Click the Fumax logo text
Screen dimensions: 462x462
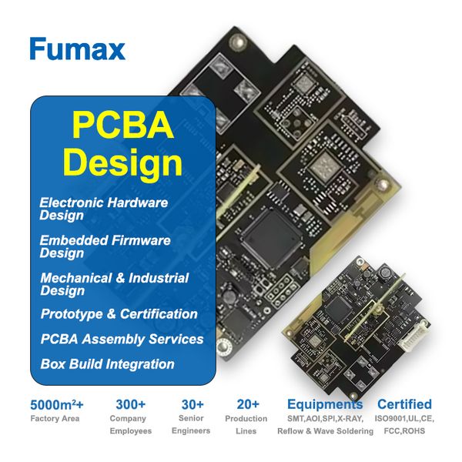(x=78, y=49)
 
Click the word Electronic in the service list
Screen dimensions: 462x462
(x=71, y=203)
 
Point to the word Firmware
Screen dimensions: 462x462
(x=142, y=240)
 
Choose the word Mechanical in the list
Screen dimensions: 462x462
(x=76, y=278)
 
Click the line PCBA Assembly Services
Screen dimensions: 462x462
(x=122, y=339)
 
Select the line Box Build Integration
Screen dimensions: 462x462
(x=108, y=364)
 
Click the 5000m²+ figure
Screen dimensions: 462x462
(x=57, y=405)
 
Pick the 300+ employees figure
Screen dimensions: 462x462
(x=131, y=404)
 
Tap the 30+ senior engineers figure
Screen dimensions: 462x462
(x=192, y=404)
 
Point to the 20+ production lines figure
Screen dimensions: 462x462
(x=248, y=404)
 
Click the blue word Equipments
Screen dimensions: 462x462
(x=325, y=404)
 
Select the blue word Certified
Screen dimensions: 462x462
(x=404, y=404)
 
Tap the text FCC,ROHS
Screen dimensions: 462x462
(x=404, y=431)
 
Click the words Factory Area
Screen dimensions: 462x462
(x=55, y=419)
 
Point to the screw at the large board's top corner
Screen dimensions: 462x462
(x=238, y=41)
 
